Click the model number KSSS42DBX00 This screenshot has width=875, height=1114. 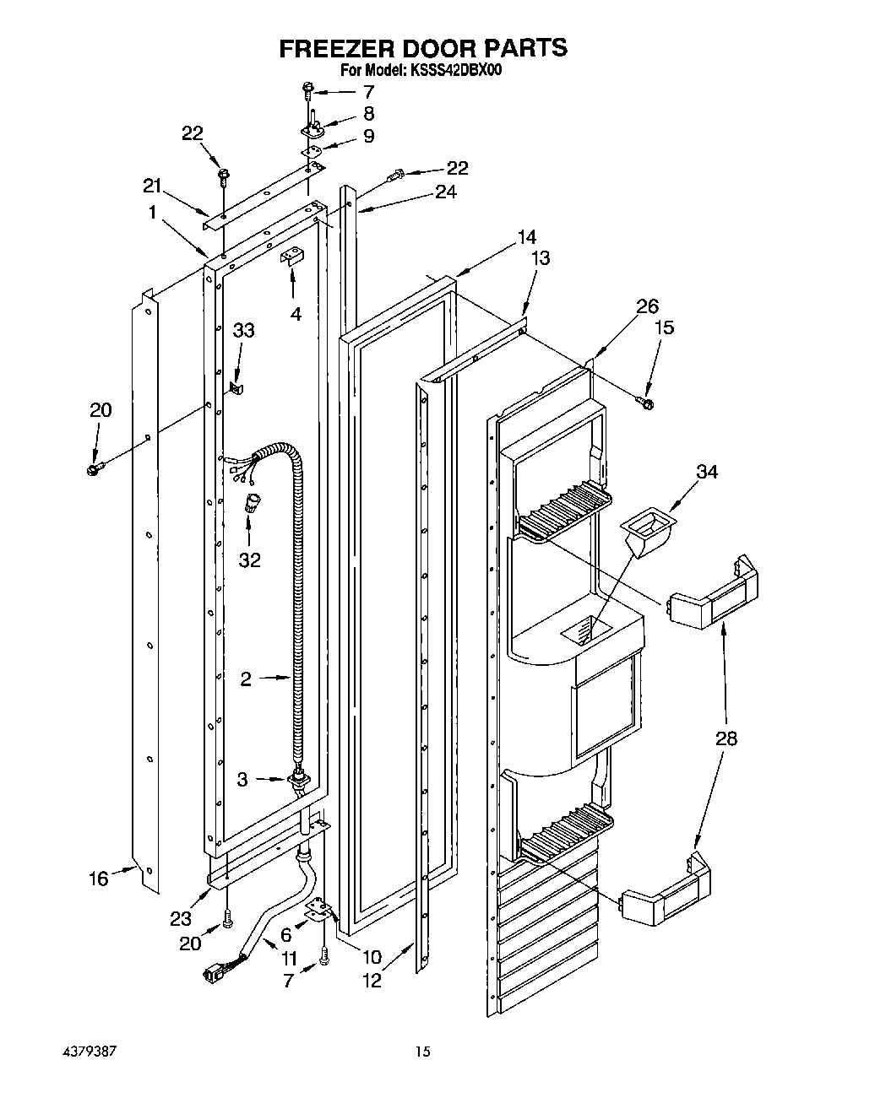point(457,72)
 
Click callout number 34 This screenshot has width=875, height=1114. point(706,472)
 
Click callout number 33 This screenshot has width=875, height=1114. point(243,331)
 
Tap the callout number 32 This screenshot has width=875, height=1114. point(249,560)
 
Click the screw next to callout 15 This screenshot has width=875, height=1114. point(648,404)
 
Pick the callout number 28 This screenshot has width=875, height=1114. point(726,738)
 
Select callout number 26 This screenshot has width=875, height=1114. point(647,306)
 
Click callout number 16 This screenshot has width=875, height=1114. point(99,879)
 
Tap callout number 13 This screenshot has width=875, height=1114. point(540,258)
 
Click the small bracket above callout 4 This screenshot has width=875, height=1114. point(292,257)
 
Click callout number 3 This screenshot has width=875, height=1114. point(242,780)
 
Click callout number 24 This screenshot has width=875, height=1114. point(445,192)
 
